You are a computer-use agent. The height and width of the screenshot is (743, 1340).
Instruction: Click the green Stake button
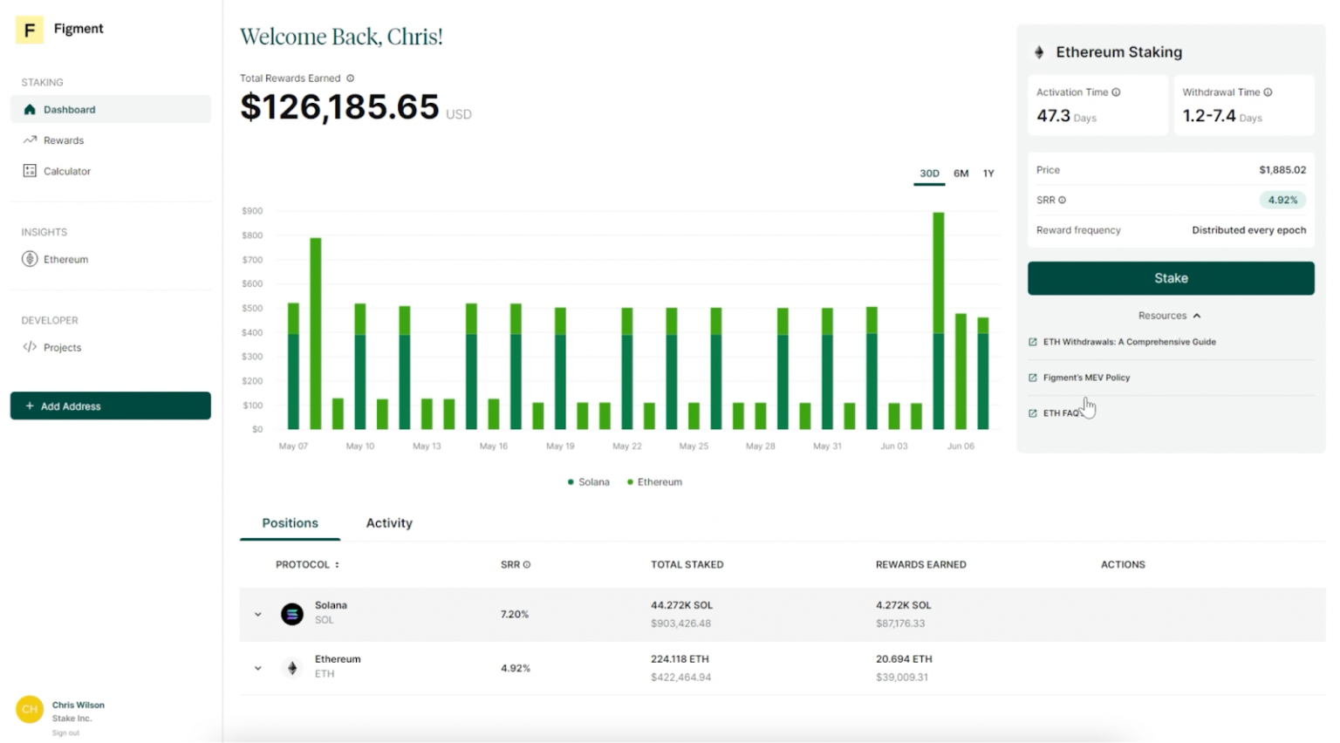pyautogui.click(x=1170, y=278)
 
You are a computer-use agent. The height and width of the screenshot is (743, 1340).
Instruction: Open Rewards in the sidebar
pyautogui.click(x=64, y=140)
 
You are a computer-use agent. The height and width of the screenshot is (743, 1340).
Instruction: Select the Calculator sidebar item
pyautogui.click(x=66, y=172)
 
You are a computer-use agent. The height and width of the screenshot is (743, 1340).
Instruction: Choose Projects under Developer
pyautogui.click(x=62, y=347)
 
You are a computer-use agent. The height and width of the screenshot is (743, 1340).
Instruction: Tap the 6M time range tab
pyautogui.click(x=961, y=174)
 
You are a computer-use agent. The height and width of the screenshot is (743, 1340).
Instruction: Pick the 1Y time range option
pyautogui.click(x=988, y=174)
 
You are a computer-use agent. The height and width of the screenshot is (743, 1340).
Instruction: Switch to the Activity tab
pyautogui.click(x=389, y=523)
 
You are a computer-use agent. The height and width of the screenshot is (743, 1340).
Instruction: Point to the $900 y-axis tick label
pyautogui.click(x=252, y=211)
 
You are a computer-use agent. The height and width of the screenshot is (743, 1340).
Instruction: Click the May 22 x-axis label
pyautogui.click(x=626, y=446)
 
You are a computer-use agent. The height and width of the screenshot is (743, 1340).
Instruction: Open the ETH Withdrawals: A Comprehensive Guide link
pyautogui.click(x=1129, y=342)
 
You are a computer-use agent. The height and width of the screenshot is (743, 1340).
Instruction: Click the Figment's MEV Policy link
pyautogui.click(x=1086, y=378)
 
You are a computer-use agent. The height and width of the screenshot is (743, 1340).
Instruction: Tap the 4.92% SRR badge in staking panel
pyautogui.click(x=1282, y=201)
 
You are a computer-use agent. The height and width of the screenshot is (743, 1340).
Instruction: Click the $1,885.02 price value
pyautogui.click(x=1282, y=170)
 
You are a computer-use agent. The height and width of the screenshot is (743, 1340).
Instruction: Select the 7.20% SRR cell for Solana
pyautogui.click(x=515, y=615)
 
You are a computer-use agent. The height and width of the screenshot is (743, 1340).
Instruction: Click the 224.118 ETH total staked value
pyautogui.click(x=680, y=659)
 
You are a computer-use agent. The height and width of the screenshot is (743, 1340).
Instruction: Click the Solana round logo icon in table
pyautogui.click(x=292, y=614)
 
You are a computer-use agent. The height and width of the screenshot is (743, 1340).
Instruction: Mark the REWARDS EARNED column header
pyautogui.click(x=920, y=565)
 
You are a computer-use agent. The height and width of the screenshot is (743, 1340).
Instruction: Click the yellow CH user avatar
pyautogui.click(x=30, y=709)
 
